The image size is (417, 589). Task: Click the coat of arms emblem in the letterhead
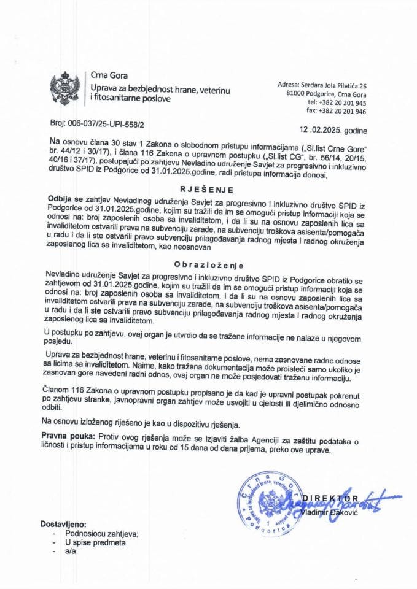[x=64, y=90]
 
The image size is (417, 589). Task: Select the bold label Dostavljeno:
[x=63, y=525]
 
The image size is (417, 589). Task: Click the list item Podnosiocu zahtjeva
[x=102, y=534]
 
